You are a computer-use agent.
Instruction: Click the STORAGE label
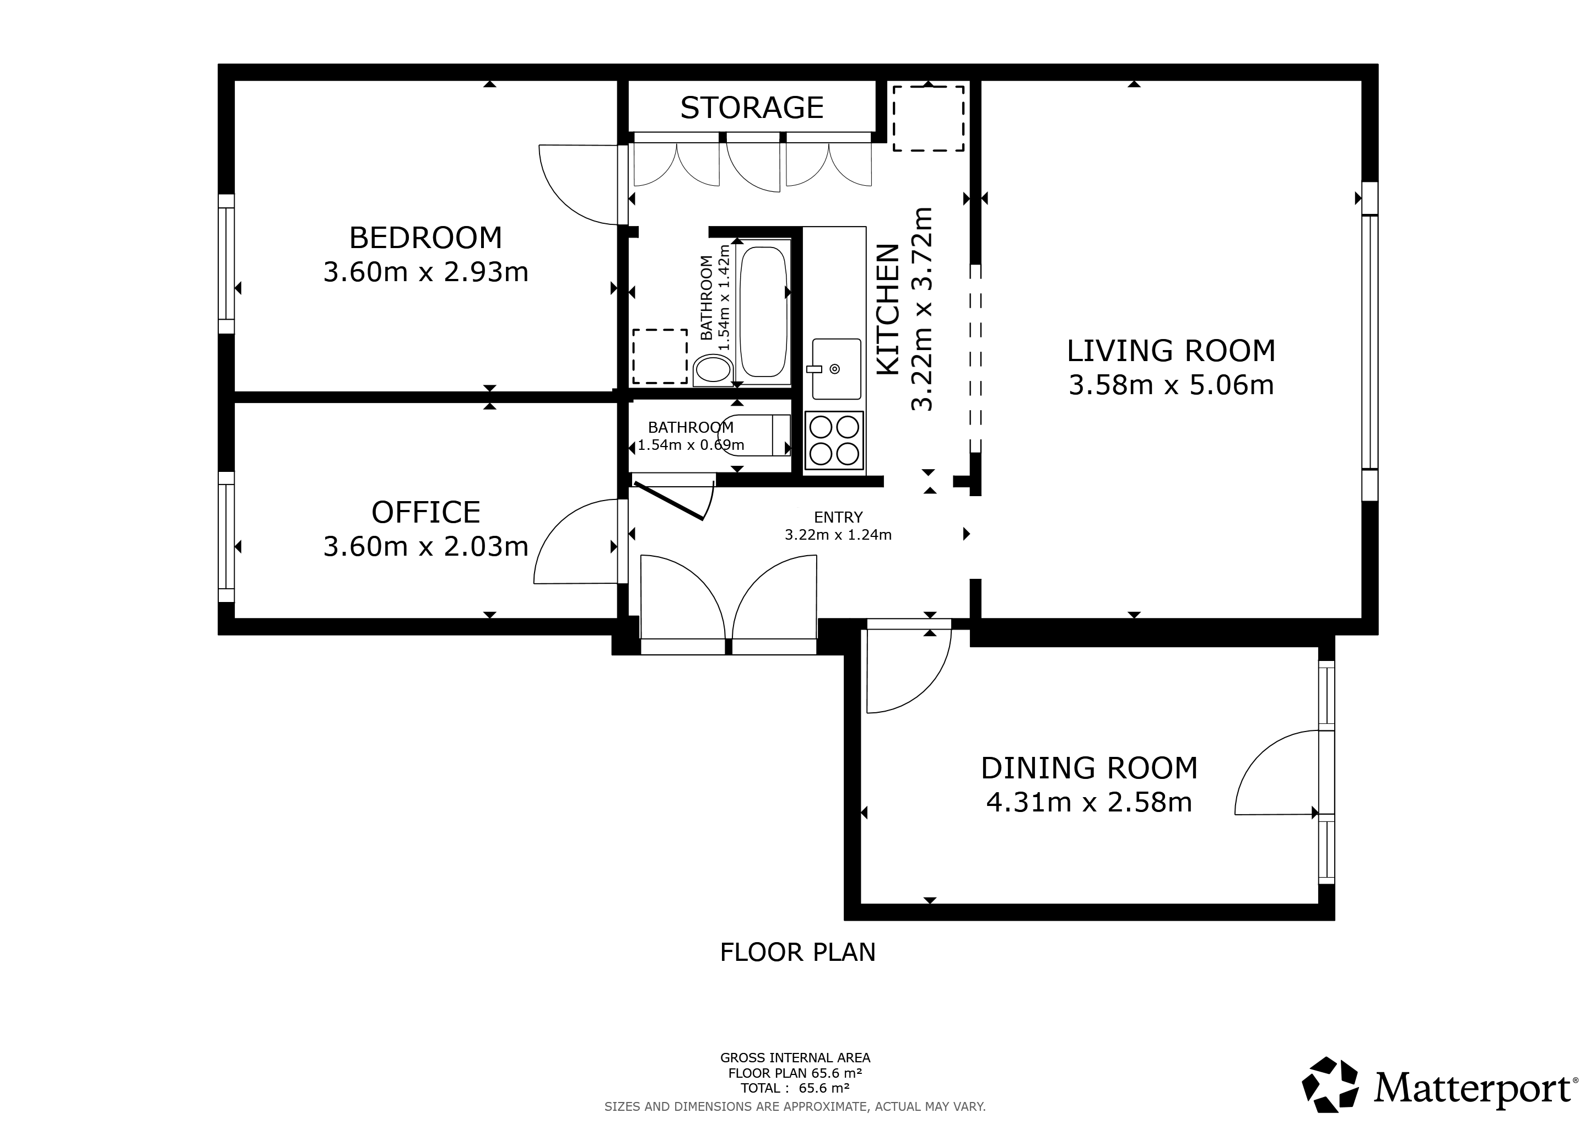pyautogui.click(x=751, y=107)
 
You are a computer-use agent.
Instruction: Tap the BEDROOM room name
pyautogui.click(x=425, y=238)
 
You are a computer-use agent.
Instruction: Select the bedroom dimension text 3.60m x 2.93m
pyautogui.click(x=425, y=272)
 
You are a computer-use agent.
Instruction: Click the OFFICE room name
pyautogui.click(x=425, y=512)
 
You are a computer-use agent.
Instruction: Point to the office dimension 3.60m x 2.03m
pyautogui.click(x=425, y=546)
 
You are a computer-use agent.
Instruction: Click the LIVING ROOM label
pyautogui.click(x=1171, y=351)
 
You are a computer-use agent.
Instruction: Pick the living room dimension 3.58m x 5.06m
pyautogui.click(x=1171, y=385)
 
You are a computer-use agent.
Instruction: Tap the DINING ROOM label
pyautogui.click(x=1089, y=768)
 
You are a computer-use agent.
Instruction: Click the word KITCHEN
pyautogui.click(x=888, y=310)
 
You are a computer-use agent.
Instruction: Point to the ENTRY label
pyautogui.click(x=838, y=517)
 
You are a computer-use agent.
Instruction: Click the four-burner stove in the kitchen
pyautogui.click(x=834, y=440)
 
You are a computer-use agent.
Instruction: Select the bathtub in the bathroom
pyautogui.click(x=763, y=312)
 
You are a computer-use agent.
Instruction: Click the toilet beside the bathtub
pyautogui.click(x=713, y=370)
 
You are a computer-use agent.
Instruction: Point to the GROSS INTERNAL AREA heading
pyautogui.click(x=795, y=1058)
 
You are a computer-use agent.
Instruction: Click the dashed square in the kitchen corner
pyautogui.click(x=928, y=118)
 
